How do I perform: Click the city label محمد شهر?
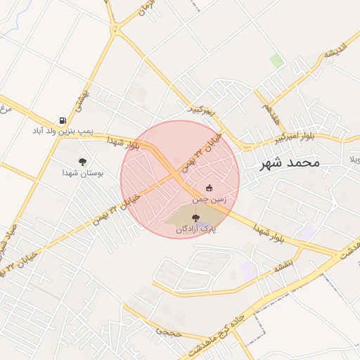[289, 162]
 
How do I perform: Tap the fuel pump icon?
[63, 120]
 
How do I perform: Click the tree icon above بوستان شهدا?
[82, 162]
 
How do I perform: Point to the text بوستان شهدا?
[82, 172]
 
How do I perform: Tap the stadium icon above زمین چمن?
[209, 188]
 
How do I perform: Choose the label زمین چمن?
[209, 198]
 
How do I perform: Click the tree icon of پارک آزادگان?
[195, 218]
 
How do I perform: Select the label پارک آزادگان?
[195, 229]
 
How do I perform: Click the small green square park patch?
[277, 60]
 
